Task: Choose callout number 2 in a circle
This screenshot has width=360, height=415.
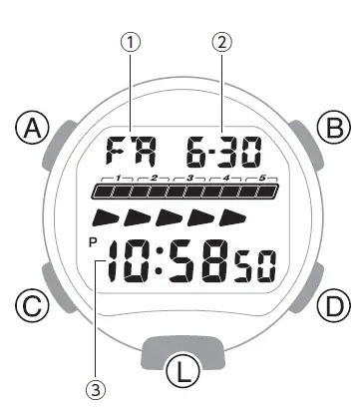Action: click(222, 42)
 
